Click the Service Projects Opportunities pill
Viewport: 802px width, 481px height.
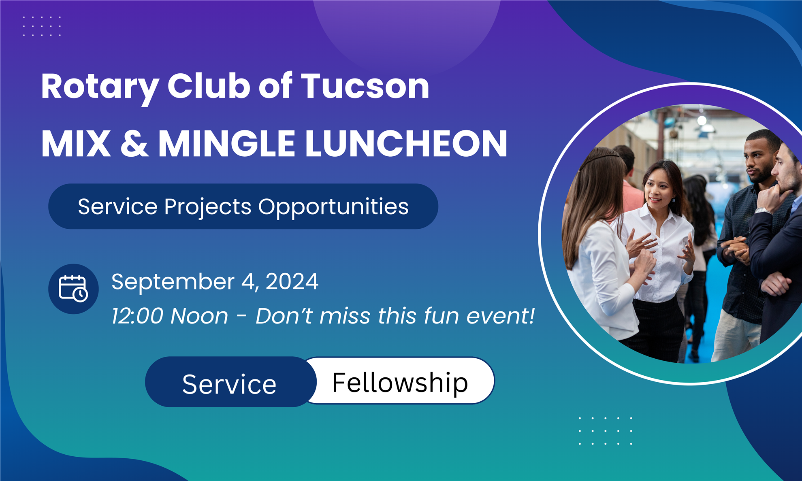243,206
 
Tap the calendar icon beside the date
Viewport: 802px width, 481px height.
73,289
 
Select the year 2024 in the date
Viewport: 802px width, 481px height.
292,281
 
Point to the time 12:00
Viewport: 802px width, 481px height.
137,316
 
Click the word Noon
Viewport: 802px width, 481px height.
199,316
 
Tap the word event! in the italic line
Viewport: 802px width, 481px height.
501,316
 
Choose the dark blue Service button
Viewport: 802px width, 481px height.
230,382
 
